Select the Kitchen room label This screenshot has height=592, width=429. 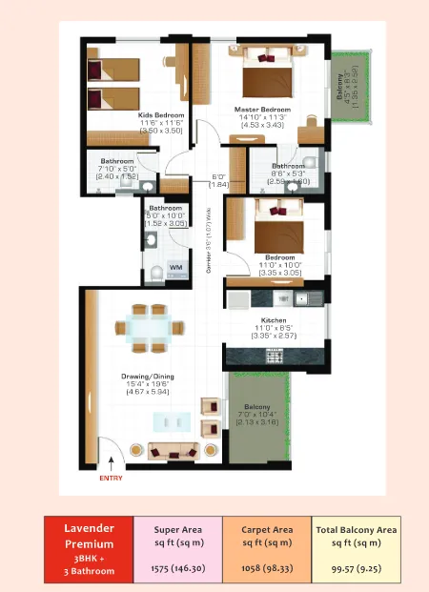click(x=274, y=320)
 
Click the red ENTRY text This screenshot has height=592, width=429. click(x=111, y=479)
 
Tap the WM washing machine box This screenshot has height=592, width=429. click(x=175, y=268)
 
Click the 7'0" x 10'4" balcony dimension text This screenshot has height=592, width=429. click(x=255, y=414)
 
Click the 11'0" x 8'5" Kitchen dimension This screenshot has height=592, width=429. click(x=274, y=328)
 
